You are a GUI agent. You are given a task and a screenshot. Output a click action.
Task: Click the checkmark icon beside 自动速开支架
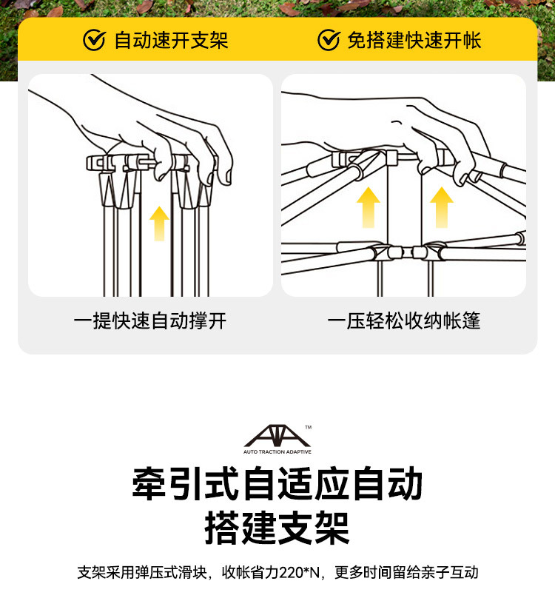pos(94,40)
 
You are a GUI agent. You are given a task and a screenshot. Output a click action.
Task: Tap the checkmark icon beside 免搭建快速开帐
pos(329,40)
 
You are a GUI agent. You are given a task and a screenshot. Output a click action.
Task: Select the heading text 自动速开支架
pos(171,41)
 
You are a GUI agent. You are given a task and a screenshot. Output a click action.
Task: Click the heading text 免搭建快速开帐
pos(414,41)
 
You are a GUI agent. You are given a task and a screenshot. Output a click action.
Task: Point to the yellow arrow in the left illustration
pos(159,224)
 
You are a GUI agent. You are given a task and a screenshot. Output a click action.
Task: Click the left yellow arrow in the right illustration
pos(369,207)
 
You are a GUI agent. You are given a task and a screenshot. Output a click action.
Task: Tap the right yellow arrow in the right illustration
pos(442,207)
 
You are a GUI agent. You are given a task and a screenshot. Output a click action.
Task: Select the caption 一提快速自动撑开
pos(150,320)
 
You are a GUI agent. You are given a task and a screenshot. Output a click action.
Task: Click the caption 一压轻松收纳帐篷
pos(404,320)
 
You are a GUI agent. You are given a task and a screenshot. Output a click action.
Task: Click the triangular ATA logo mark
pos(277,436)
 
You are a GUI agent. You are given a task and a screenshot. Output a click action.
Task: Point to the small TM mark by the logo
pos(308,427)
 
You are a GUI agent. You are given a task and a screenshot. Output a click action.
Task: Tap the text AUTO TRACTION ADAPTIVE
pos(277,452)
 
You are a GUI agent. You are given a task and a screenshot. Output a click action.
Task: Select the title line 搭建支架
pos(277,528)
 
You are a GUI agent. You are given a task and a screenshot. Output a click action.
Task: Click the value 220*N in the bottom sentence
pos(300,572)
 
